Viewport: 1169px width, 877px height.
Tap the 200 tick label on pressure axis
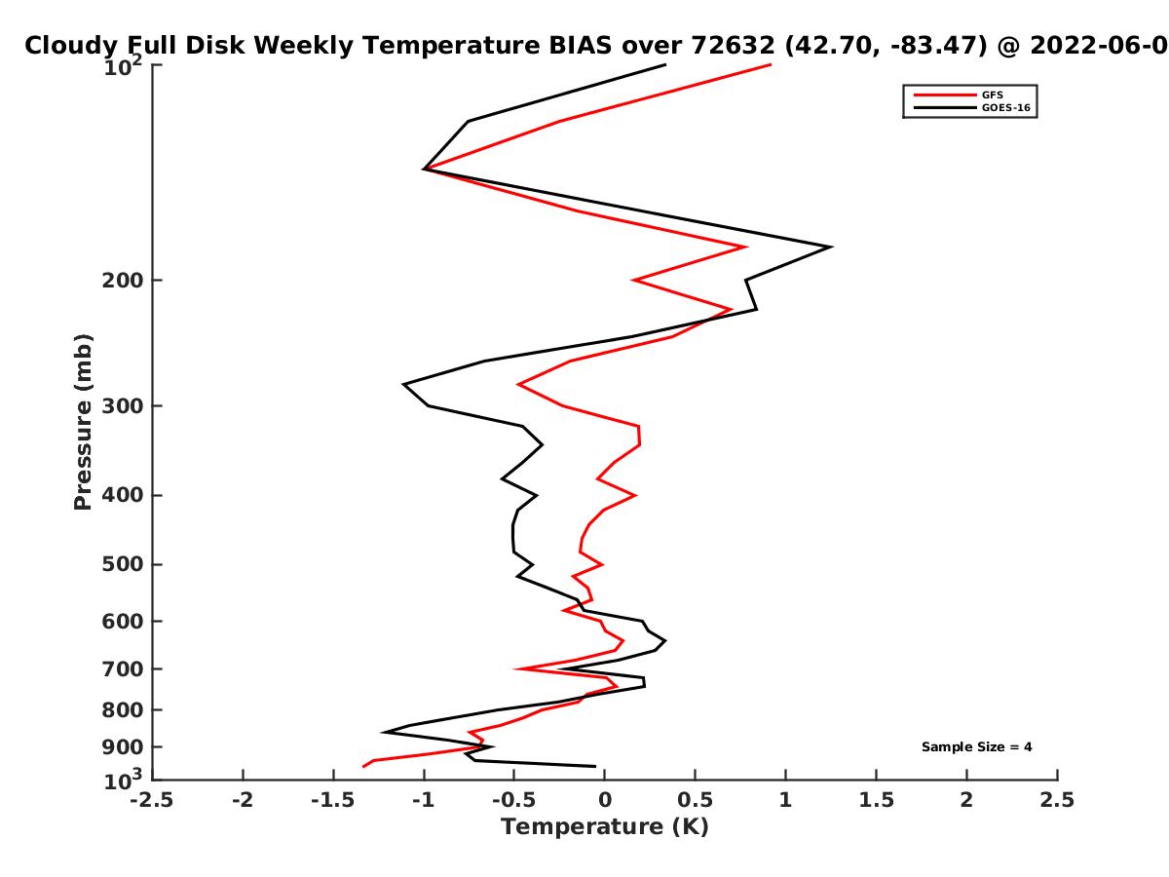click(x=123, y=281)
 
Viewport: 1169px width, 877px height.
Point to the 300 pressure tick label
click(x=123, y=406)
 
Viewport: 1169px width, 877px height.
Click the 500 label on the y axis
click(x=123, y=564)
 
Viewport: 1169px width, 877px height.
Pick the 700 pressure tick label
click(x=123, y=668)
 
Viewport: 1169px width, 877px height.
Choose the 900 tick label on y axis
click(x=123, y=747)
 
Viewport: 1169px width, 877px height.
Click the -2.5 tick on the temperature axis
click(x=152, y=800)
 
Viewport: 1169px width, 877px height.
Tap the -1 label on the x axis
click(x=424, y=800)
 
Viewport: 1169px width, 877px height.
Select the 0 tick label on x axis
click(x=605, y=800)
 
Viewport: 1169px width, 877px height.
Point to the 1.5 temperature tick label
click(x=876, y=800)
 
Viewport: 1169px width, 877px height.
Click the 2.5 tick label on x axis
click(x=1057, y=800)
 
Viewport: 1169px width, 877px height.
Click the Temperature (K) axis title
click(x=605, y=827)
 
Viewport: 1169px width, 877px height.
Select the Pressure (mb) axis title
click(x=83, y=422)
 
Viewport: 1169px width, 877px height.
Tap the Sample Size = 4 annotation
click(x=977, y=747)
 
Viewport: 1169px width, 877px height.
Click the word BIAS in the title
click(x=581, y=46)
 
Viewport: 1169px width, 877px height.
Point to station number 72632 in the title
click(x=733, y=46)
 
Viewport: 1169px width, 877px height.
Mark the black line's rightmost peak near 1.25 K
click(x=831, y=247)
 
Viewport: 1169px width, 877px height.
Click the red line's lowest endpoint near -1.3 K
click(x=363, y=766)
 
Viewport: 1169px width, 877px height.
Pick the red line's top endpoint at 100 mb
click(x=771, y=65)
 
